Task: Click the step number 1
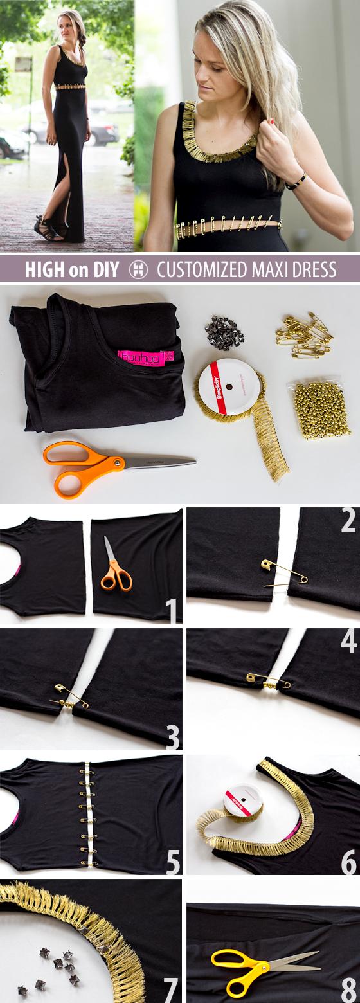click(x=172, y=611)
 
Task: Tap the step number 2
click(x=348, y=520)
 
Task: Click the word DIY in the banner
click(x=104, y=269)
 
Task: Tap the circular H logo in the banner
click(x=138, y=269)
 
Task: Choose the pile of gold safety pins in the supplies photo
click(x=305, y=335)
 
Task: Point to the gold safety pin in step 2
click(x=283, y=573)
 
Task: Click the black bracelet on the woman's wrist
click(x=296, y=181)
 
